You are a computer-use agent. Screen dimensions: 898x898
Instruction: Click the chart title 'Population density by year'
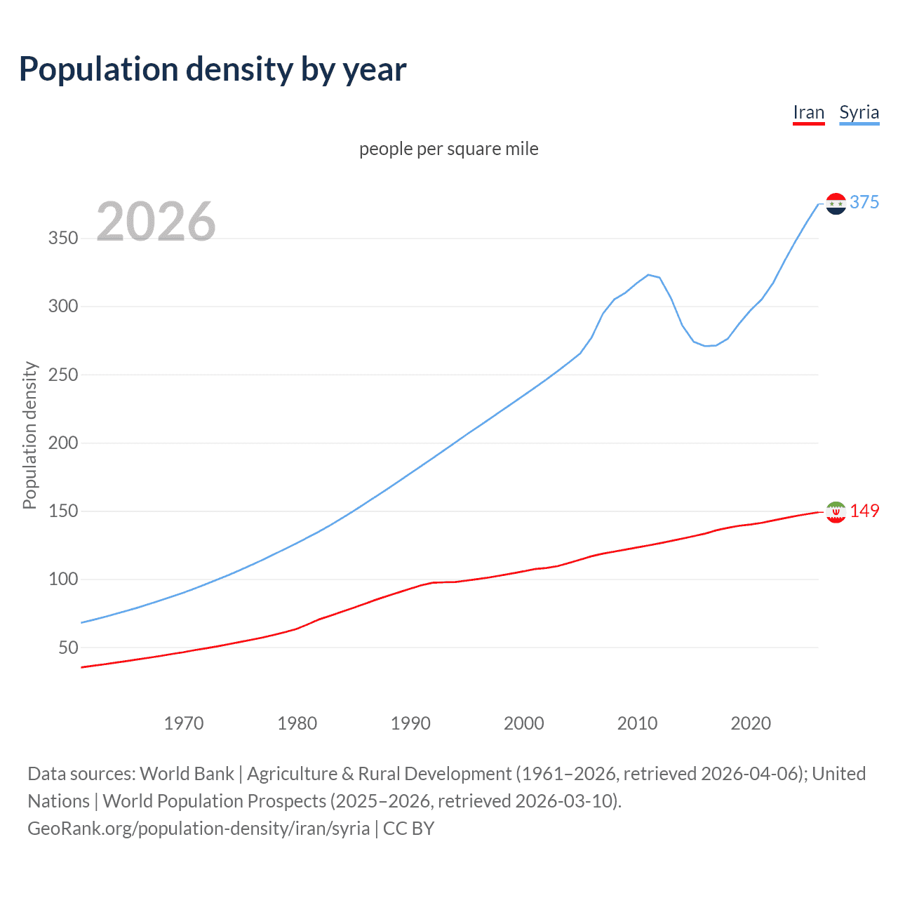[x=213, y=69]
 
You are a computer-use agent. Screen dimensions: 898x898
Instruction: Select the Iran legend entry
[x=808, y=113]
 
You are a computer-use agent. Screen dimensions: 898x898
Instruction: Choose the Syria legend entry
[x=859, y=113]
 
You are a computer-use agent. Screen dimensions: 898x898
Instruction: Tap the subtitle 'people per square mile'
[x=448, y=149]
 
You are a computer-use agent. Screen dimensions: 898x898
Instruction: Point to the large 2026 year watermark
[x=156, y=222]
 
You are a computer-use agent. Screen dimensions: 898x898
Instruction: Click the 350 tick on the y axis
[x=63, y=239]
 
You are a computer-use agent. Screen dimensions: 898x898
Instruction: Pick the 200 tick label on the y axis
[x=63, y=443]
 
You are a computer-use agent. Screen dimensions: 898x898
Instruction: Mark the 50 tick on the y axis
[x=68, y=648]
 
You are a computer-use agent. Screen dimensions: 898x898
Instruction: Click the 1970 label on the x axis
[x=184, y=723]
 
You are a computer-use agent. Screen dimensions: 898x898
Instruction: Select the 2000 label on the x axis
[x=524, y=723]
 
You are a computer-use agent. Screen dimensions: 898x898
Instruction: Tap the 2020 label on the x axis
[x=751, y=723]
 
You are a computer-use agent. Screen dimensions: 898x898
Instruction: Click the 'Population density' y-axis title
[x=29, y=435]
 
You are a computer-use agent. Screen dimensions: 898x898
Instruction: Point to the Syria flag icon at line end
[x=836, y=203]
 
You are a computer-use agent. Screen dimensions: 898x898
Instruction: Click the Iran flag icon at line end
[x=836, y=512]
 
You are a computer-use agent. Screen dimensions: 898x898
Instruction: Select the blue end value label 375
[x=864, y=203]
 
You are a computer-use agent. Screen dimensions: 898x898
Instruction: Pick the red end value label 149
[x=864, y=511]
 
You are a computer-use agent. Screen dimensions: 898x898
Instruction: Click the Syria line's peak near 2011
[x=648, y=275]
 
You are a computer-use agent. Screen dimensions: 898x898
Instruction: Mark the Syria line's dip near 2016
[x=706, y=346]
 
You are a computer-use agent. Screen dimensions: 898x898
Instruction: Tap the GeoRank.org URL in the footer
[x=199, y=829]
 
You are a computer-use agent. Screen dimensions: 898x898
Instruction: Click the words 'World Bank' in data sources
[x=187, y=774]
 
